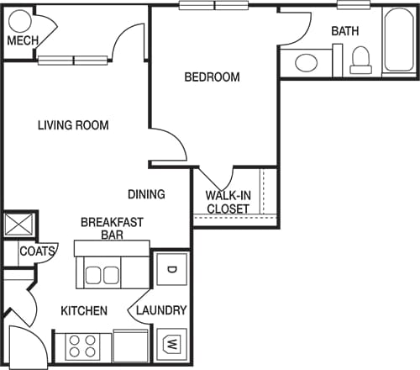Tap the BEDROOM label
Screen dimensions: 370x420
coord(212,77)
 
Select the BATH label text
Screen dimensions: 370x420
coord(344,31)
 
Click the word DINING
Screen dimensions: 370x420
coord(146,194)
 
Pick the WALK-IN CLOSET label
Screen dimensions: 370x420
coord(227,202)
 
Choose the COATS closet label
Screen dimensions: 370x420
coord(38,251)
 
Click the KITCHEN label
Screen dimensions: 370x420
coord(84,311)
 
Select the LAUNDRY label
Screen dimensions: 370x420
coord(161,310)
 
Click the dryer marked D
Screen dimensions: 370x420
coord(171,270)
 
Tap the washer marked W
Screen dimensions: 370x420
coord(171,345)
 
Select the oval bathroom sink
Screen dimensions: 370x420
coord(307,63)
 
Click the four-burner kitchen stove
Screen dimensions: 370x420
coord(84,346)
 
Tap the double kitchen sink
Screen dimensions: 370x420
coord(101,275)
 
